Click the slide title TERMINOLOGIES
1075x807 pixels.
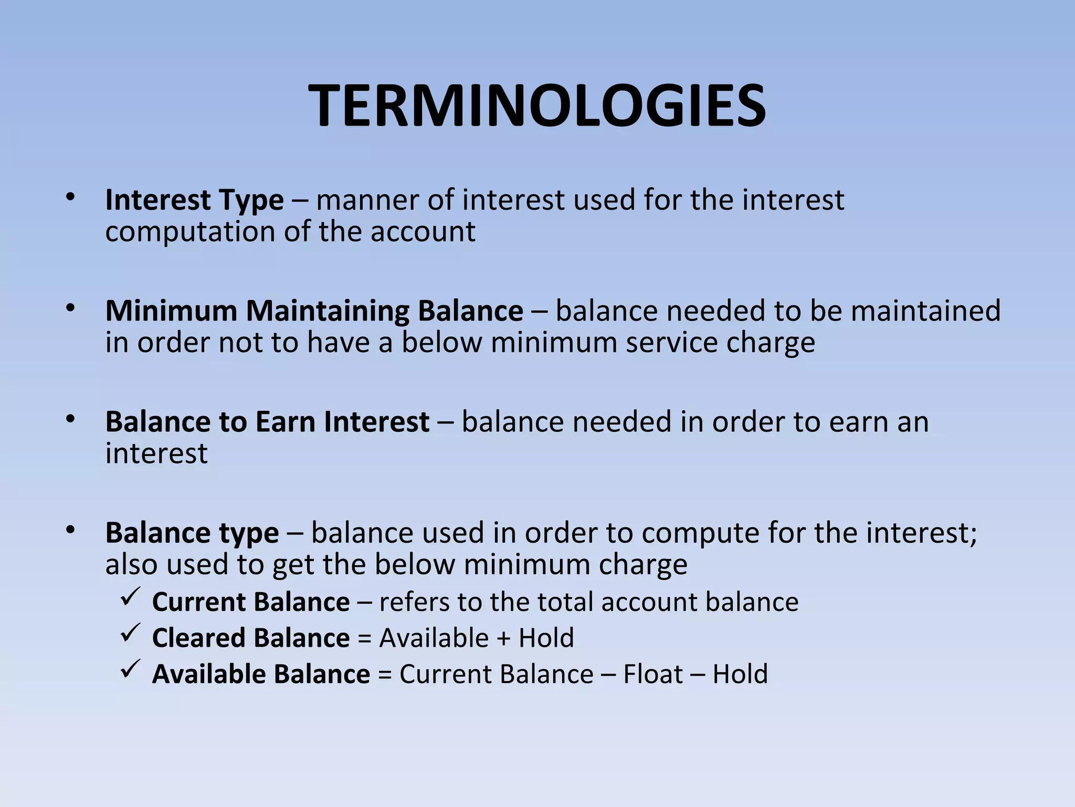pos(537,107)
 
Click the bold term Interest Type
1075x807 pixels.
pos(194,200)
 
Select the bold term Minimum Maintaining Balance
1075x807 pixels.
pos(314,311)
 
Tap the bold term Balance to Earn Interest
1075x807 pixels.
pos(267,422)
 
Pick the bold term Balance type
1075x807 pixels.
pos(192,533)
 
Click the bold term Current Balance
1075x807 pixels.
pos(251,602)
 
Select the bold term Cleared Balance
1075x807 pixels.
pos(251,638)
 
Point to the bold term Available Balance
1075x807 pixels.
pos(261,674)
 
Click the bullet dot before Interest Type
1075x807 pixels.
pos(71,198)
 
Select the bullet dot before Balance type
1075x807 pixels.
pos(71,531)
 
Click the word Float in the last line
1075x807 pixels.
pos(653,674)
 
